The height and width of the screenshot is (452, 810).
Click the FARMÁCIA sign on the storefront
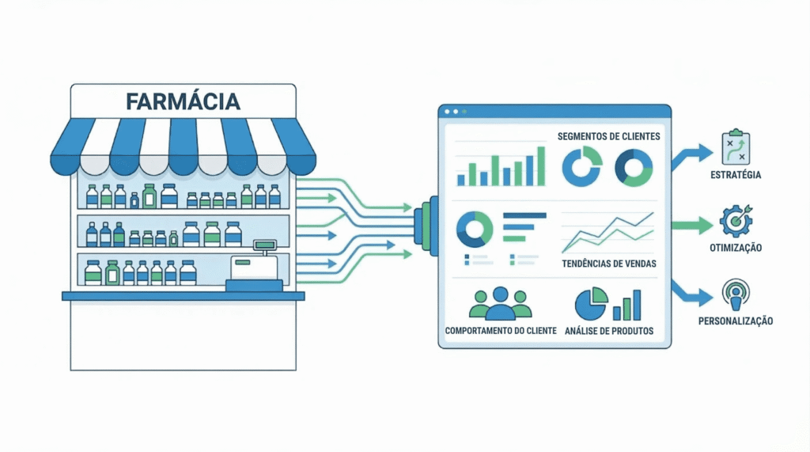coord(183,101)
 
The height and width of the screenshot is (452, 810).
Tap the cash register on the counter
coord(255,268)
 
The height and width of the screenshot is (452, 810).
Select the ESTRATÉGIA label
coord(736,175)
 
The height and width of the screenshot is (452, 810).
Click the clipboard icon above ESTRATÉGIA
coord(736,147)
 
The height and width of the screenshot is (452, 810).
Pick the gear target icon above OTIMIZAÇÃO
coord(736,221)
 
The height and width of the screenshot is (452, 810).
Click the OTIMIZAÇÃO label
coord(736,248)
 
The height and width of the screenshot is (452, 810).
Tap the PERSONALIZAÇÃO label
coord(736,321)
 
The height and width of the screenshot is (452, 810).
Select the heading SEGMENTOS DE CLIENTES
coord(608,136)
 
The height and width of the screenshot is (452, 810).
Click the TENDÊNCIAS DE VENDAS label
coord(609,263)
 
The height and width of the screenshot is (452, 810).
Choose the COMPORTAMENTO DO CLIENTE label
coord(501,331)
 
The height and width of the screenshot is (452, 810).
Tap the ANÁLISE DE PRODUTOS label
coord(610,331)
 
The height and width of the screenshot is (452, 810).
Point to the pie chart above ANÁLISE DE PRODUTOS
coord(591,303)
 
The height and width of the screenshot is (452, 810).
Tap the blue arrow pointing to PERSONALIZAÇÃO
coord(690,294)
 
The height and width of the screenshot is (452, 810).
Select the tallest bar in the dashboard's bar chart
coord(541,165)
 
